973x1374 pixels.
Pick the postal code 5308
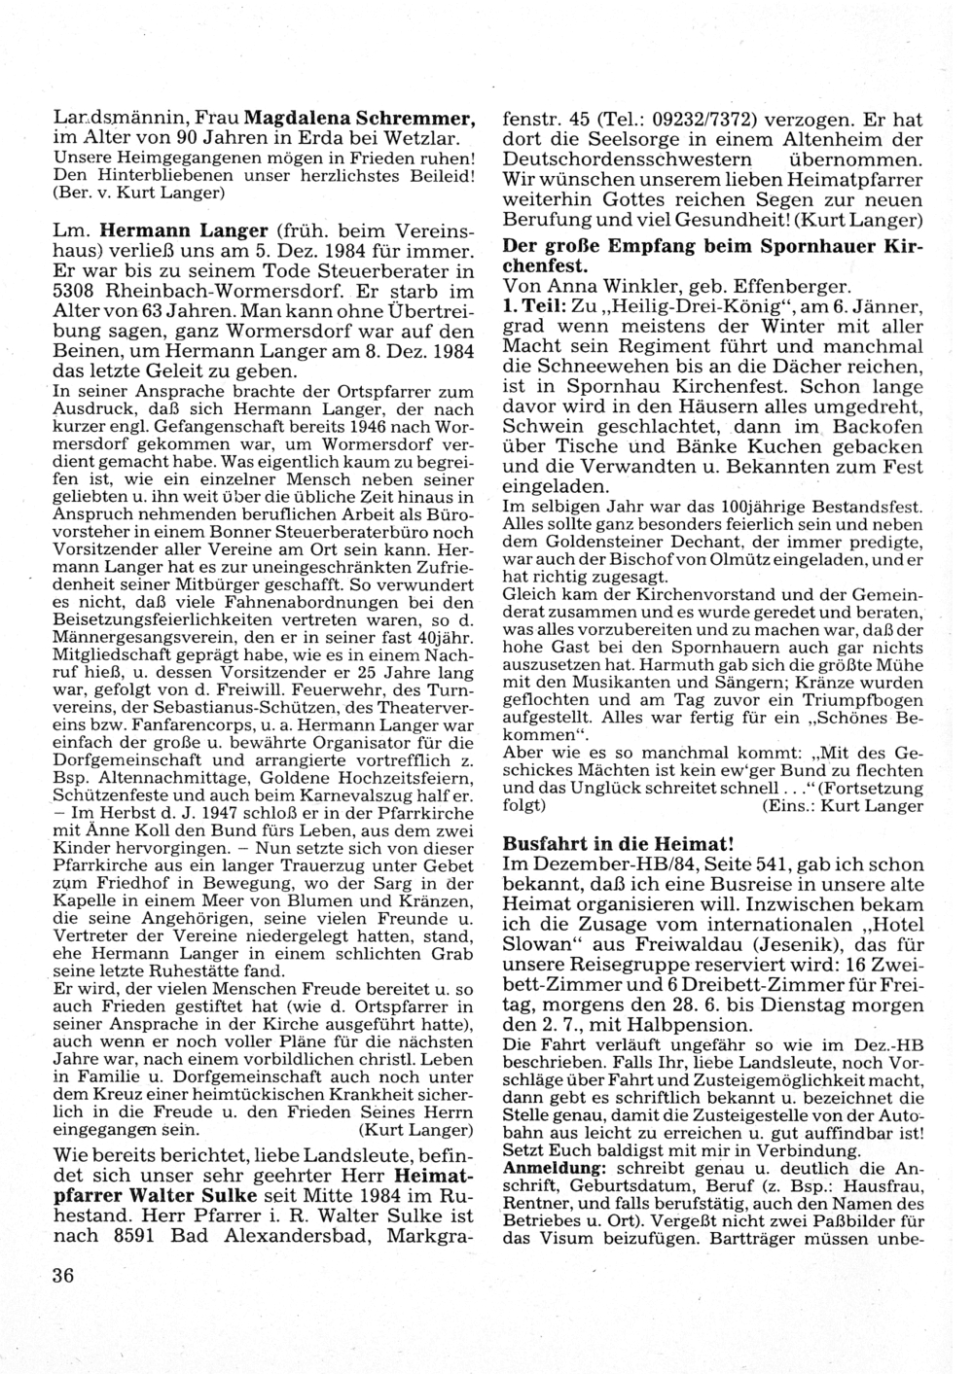[x=77, y=291]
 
